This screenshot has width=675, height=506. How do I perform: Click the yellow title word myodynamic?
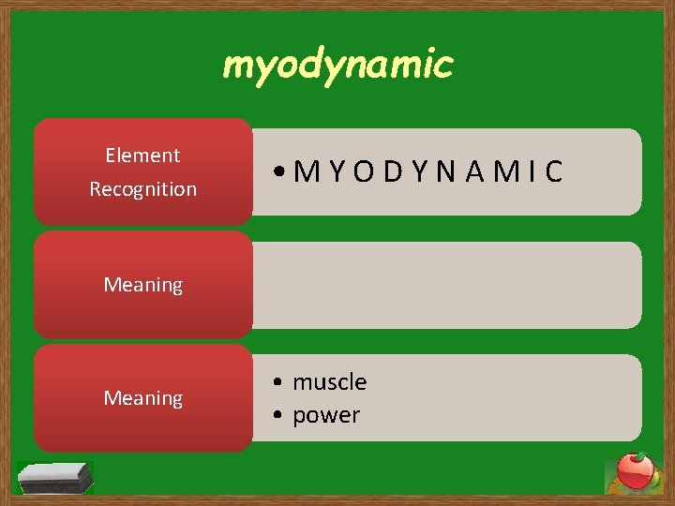point(337,66)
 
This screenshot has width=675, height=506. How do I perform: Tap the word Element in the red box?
point(142,156)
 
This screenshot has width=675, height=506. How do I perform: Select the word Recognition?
point(142,189)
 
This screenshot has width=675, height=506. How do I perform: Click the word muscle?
point(329,382)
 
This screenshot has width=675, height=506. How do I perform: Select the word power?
point(326,415)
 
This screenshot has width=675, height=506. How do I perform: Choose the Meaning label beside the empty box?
point(142,285)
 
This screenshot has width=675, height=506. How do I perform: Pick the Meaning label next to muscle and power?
point(142,399)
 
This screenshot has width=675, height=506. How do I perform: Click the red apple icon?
point(636,471)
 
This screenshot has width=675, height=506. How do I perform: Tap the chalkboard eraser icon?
point(56,478)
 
